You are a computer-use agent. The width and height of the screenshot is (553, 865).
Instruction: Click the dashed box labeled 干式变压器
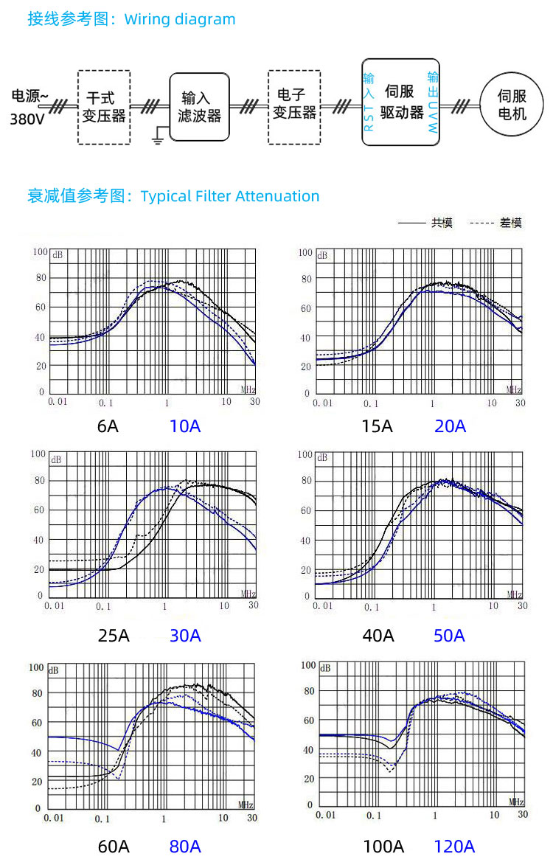click(104, 107)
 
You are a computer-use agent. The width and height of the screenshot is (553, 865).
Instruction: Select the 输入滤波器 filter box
click(199, 107)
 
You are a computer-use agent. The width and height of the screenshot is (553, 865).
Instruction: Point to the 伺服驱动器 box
click(402, 103)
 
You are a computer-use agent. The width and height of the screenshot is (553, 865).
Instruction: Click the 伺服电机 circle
click(512, 105)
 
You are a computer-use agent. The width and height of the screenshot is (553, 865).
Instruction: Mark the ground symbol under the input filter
click(157, 135)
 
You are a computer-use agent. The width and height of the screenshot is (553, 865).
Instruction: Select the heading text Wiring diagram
click(180, 19)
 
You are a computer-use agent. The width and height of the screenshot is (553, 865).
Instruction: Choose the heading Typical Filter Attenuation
click(230, 196)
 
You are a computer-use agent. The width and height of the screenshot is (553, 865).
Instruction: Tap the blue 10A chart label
click(185, 426)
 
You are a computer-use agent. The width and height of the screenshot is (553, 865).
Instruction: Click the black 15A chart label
click(377, 426)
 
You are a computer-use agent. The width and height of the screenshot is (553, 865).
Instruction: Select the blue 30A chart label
click(185, 635)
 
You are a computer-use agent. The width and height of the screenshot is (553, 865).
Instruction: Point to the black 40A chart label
click(378, 635)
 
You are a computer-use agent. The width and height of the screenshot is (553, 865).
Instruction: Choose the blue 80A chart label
click(185, 846)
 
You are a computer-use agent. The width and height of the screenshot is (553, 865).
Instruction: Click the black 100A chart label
click(383, 846)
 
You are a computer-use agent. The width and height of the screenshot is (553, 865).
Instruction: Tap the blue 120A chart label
click(454, 846)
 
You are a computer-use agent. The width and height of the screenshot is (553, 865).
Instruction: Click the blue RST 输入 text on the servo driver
click(369, 103)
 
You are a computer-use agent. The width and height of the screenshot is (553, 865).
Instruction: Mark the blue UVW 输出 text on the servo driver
click(433, 103)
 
